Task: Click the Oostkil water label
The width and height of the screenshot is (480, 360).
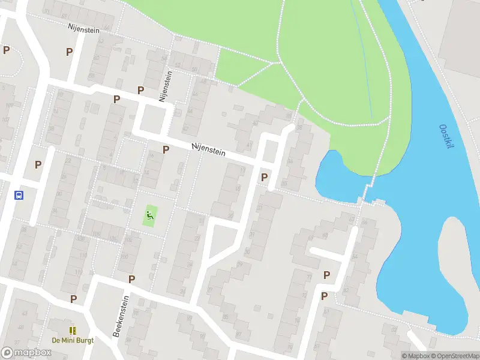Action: [446, 137]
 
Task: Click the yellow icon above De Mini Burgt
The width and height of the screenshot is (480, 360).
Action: [72, 330]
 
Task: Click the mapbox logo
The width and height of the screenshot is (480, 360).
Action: [26, 353]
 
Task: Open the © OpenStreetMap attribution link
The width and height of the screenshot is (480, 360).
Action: [454, 356]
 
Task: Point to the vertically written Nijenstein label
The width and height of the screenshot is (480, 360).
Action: [162, 86]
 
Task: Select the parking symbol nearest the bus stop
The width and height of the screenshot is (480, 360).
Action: [38, 164]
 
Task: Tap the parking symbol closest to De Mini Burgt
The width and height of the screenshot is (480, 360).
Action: [73, 299]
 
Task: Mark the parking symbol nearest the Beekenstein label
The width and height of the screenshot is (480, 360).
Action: [131, 279]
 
